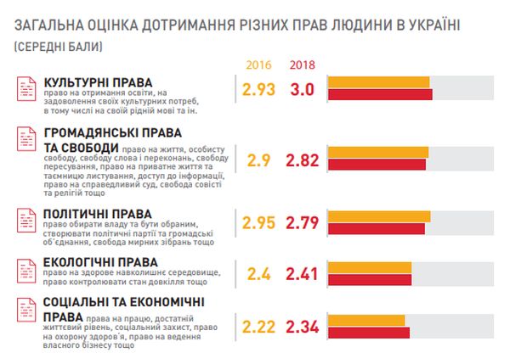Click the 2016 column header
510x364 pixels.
click(x=258, y=65)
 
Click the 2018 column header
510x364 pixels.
click(x=303, y=65)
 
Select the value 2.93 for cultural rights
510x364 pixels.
click(x=258, y=89)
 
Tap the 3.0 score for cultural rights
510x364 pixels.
click(x=303, y=89)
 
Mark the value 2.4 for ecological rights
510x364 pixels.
click(x=258, y=274)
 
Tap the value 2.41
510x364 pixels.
click(x=304, y=274)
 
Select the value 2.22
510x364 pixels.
click(x=259, y=327)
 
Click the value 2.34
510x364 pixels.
click(x=304, y=327)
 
